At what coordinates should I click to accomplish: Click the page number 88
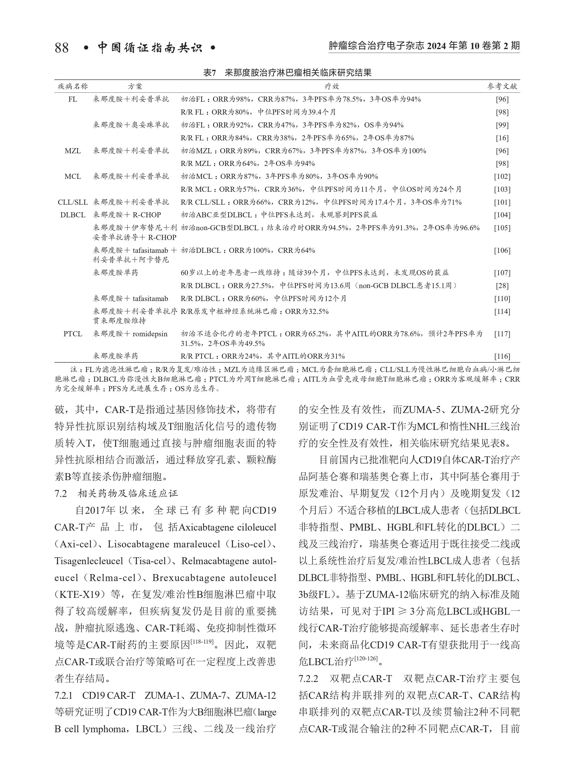(62, 47)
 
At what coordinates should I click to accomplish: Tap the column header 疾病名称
(73, 86)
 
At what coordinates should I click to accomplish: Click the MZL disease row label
(73, 151)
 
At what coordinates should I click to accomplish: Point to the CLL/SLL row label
(73, 202)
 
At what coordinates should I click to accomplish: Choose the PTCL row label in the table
(73, 334)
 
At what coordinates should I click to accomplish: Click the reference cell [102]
(502, 177)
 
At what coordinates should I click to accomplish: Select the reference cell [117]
(502, 334)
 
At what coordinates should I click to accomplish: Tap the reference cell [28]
(502, 286)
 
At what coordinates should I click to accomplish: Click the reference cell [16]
(502, 138)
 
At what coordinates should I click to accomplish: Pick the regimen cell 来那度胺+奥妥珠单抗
(131, 125)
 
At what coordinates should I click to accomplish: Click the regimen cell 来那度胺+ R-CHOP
(127, 215)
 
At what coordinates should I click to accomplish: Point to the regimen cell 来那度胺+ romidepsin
(130, 334)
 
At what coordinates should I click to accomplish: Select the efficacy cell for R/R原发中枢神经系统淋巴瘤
(255, 312)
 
